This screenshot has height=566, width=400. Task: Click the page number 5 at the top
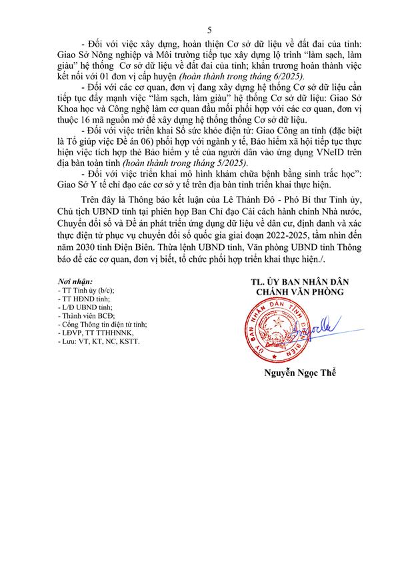pos(209,29)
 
